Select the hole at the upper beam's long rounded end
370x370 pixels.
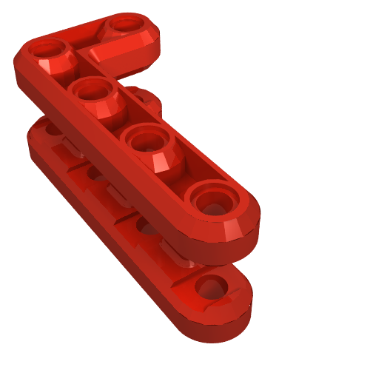tap(214, 200)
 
